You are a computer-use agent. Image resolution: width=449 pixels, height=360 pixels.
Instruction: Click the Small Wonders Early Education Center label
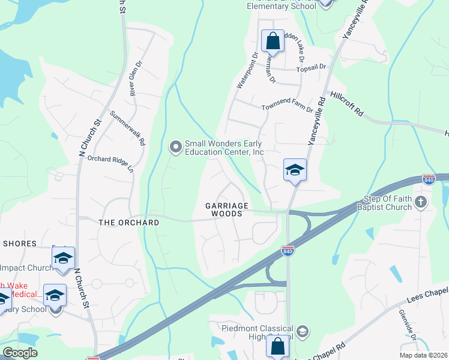[x=224, y=148]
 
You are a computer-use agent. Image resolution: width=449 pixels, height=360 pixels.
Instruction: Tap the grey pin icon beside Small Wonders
[x=176, y=146]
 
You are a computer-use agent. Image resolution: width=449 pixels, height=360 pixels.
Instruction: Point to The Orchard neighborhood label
[x=128, y=223]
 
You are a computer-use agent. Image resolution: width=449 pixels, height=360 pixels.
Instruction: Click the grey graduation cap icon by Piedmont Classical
[x=303, y=331]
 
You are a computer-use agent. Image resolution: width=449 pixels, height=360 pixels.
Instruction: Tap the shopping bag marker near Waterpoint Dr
[x=273, y=42]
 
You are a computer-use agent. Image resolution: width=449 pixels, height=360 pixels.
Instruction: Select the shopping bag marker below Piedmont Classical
[x=277, y=347]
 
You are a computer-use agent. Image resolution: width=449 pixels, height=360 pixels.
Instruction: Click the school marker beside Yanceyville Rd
[x=295, y=170]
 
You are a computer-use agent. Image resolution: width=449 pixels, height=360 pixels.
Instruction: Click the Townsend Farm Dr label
[x=287, y=108]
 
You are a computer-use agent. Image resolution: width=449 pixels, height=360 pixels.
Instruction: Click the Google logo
[x=20, y=353]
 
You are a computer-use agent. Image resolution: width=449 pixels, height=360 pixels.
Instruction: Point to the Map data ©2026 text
[x=424, y=355]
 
